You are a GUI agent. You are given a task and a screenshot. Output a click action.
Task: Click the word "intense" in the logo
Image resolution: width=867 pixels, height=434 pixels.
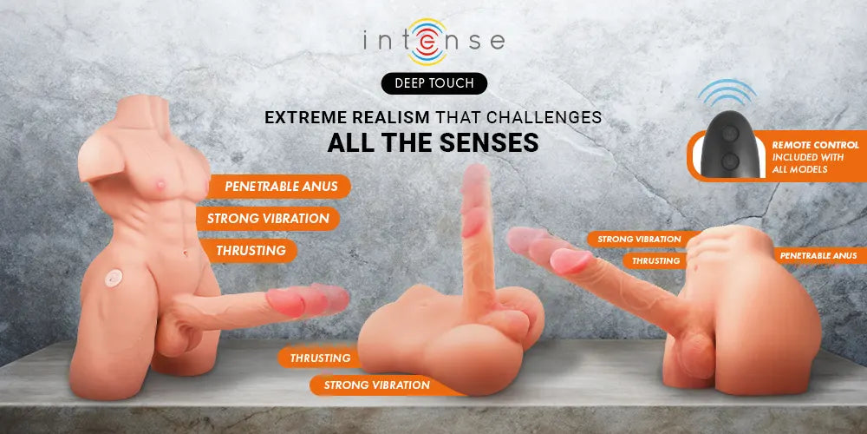point(434,42)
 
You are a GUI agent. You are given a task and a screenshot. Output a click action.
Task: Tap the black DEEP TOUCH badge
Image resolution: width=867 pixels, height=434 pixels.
point(434,83)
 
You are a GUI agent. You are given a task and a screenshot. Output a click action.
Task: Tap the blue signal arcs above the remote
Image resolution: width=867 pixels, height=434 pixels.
point(727,93)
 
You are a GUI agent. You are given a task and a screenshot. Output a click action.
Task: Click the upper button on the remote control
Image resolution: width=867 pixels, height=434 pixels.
point(729,134)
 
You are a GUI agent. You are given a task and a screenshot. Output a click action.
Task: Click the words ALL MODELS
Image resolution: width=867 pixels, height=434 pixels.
point(799,169)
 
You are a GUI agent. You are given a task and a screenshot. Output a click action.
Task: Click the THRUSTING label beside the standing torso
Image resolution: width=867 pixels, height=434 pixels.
point(250,251)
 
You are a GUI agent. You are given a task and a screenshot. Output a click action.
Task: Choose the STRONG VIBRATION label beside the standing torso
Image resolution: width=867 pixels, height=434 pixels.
point(268,219)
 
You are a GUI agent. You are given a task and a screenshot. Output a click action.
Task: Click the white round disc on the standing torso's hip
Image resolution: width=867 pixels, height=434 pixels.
point(114,278)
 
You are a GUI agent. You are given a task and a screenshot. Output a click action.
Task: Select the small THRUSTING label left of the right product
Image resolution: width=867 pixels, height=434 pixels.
point(655,260)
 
